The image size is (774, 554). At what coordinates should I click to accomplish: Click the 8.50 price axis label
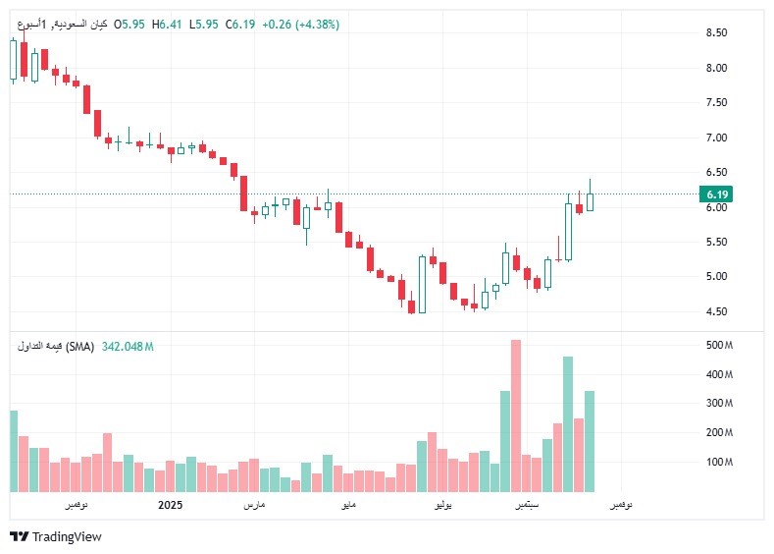pos(716,32)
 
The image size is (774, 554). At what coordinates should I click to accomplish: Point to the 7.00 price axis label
pos(716,138)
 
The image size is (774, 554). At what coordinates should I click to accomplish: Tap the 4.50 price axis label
pos(716,311)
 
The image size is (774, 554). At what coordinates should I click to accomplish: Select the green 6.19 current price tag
pos(716,194)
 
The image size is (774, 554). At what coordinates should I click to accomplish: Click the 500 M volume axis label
pos(720,346)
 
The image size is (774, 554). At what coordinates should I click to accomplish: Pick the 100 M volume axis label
pos(720,462)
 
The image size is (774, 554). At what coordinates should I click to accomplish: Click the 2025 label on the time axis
pos(171,505)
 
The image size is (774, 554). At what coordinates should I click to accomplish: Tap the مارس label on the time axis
pos(254,505)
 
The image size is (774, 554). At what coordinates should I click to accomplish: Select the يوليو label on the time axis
pos(443,505)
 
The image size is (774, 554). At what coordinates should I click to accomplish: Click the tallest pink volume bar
pos(516,415)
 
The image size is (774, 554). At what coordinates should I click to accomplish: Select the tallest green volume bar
pos(568,423)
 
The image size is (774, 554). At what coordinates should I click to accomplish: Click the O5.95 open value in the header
pos(129,25)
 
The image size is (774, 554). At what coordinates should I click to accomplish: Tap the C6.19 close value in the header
pos(240,25)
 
